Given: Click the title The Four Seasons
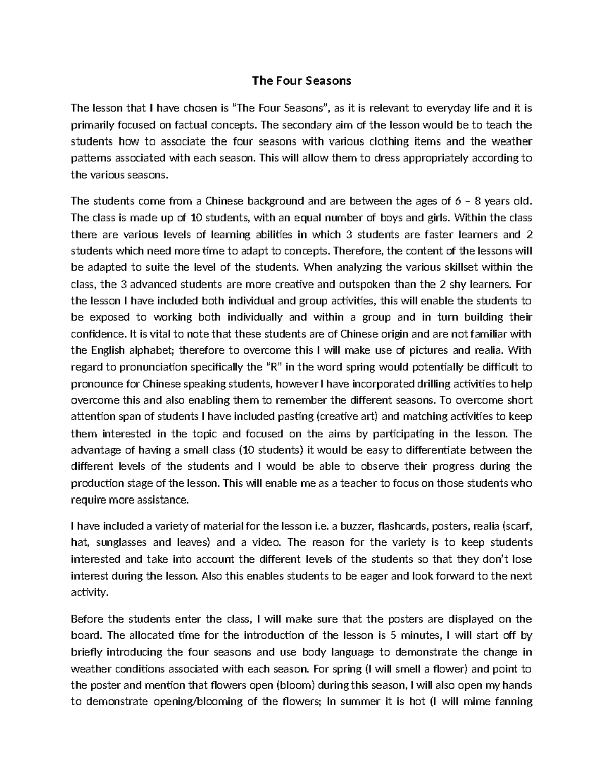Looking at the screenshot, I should tap(301, 81).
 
